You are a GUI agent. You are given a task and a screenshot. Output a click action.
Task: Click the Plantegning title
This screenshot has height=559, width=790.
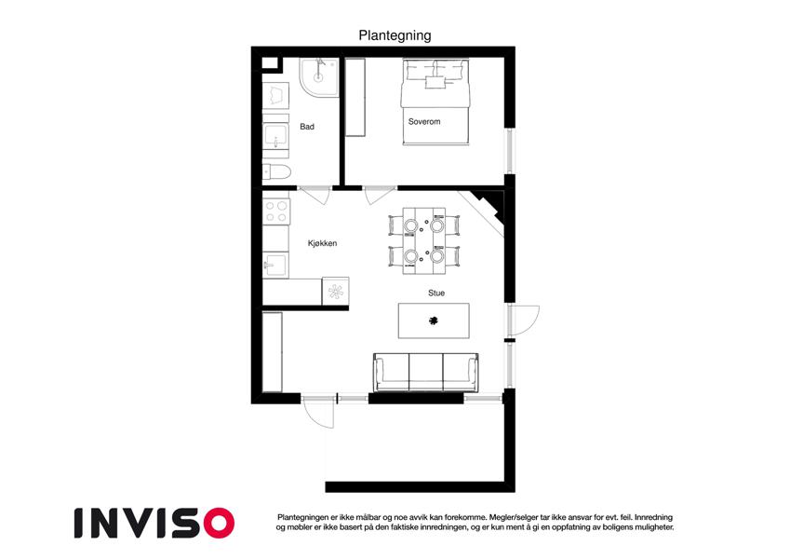[395, 35]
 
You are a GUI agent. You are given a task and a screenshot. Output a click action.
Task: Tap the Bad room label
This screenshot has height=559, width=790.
[307, 127]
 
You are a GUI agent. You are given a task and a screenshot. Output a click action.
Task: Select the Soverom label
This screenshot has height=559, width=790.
[424, 122]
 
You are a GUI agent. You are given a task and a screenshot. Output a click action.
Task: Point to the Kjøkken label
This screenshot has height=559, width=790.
[323, 243]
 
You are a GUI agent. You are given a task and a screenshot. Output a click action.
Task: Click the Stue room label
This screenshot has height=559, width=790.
[436, 293]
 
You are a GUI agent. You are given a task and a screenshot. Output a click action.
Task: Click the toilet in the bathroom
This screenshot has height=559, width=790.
[276, 172]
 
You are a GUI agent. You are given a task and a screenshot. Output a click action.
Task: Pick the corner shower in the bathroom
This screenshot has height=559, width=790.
[319, 77]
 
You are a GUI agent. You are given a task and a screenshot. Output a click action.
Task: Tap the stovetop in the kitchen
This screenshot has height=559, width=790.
[276, 211]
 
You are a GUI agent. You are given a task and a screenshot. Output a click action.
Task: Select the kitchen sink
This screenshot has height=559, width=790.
[275, 265]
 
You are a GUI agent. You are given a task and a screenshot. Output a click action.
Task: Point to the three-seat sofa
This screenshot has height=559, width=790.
[426, 373]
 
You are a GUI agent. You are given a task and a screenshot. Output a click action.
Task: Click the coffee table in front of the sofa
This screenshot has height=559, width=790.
[434, 320]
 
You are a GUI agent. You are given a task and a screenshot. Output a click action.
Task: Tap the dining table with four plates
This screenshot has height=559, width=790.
[423, 240]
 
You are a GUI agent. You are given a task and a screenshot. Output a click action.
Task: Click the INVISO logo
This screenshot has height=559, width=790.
[154, 524]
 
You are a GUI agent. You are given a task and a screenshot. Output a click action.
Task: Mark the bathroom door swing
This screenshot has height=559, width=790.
[316, 196]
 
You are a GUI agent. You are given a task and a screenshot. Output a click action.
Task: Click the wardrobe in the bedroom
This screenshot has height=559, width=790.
[355, 97]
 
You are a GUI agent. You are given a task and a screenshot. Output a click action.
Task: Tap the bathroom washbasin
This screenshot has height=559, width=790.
[275, 136]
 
